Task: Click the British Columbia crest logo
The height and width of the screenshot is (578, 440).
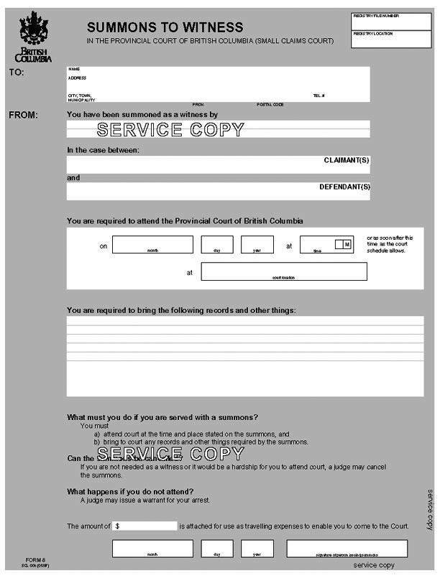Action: tap(33, 31)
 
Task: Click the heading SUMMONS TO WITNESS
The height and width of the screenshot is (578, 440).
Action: tap(165, 27)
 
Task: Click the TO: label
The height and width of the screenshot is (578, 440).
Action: tap(17, 73)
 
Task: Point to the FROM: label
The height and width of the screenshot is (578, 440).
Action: tap(23, 115)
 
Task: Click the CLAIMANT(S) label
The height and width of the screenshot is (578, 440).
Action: tap(347, 160)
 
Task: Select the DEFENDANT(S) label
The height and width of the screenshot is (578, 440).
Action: tap(344, 187)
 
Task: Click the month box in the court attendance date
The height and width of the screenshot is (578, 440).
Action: tap(152, 245)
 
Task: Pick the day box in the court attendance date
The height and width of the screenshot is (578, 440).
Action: tap(217, 245)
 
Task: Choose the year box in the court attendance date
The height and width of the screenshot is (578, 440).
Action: tap(257, 245)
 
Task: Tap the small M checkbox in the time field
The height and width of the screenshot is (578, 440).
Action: tap(347, 244)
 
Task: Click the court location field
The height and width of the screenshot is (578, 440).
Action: tap(283, 271)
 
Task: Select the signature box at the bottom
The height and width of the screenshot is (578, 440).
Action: tap(336, 549)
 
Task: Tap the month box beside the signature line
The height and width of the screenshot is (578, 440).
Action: tap(152, 549)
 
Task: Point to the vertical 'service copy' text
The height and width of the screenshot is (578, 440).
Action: tap(430, 510)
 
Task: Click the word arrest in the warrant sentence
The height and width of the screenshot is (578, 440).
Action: tap(199, 500)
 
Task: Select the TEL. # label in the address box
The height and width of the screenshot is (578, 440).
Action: tap(318, 95)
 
